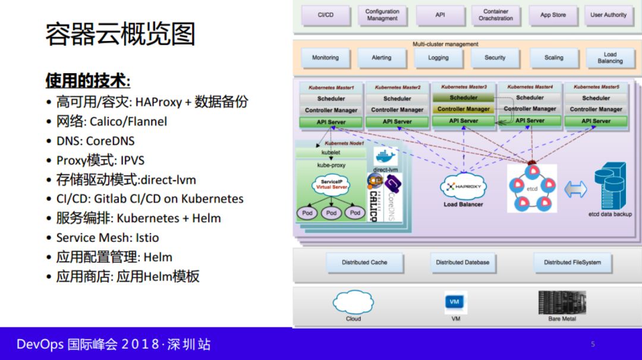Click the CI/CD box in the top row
point(325,15)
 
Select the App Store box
point(553,15)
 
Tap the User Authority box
point(608,15)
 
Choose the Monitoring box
point(325,58)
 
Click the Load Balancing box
point(610,58)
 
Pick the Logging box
point(438,58)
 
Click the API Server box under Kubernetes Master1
point(331,122)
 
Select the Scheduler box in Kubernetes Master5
point(596,98)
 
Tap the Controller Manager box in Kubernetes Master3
point(464,109)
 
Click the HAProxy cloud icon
point(463,187)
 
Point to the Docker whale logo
point(385,157)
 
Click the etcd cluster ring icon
point(531,188)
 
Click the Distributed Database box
point(462,262)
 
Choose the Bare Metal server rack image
point(562,302)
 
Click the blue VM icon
point(455,302)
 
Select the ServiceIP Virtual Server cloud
point(332,184)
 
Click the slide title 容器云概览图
point(120,34)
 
